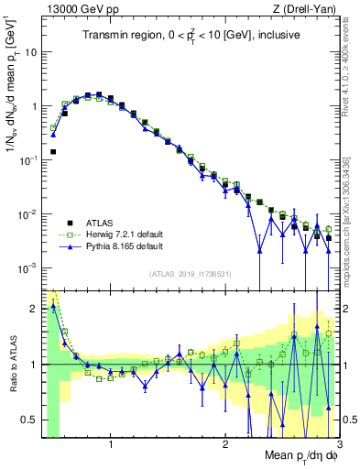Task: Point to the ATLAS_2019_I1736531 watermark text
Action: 190,274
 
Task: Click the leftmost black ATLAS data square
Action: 53,152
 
